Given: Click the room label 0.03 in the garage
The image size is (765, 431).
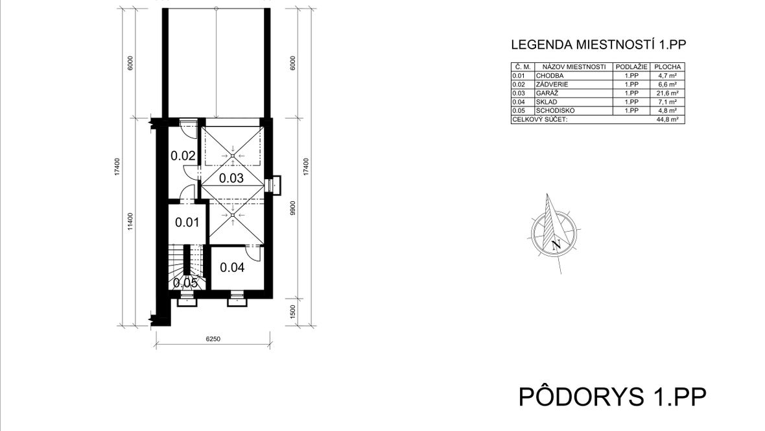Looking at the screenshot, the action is (x=231, y=178).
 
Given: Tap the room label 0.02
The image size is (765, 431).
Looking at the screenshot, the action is (x=183, y=156).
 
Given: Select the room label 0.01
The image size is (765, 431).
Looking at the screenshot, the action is (x=187, y=223).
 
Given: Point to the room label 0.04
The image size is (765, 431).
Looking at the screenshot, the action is (x=232, y=267).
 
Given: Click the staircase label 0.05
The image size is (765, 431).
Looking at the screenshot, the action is (x=185, y=282).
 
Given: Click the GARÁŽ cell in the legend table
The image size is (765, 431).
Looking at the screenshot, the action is (x=547, y=93).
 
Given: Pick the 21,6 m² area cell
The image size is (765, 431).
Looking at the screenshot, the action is (x=667, y=93).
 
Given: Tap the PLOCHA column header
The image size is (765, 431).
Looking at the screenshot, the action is (x=667, y=67).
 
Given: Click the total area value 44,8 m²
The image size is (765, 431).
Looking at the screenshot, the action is (x=667, y=119).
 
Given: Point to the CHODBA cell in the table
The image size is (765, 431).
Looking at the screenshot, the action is (x=549, y=76).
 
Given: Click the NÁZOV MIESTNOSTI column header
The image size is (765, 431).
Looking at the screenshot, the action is (x=574, y=67).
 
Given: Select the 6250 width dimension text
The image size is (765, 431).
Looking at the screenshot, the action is (x=213, y=339).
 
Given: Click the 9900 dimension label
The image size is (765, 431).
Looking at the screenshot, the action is (x=293, y=208).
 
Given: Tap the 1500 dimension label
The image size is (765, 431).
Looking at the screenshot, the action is (x=293, y=312).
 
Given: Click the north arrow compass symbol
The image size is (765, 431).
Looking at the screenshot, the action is (x=554, y=231).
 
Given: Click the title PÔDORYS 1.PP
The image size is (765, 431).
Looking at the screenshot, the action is (x=612, y=397).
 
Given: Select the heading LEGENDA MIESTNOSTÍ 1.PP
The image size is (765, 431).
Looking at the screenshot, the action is (x=598, y=45).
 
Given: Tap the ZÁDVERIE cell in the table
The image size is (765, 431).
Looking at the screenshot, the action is (x=552, y=84).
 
